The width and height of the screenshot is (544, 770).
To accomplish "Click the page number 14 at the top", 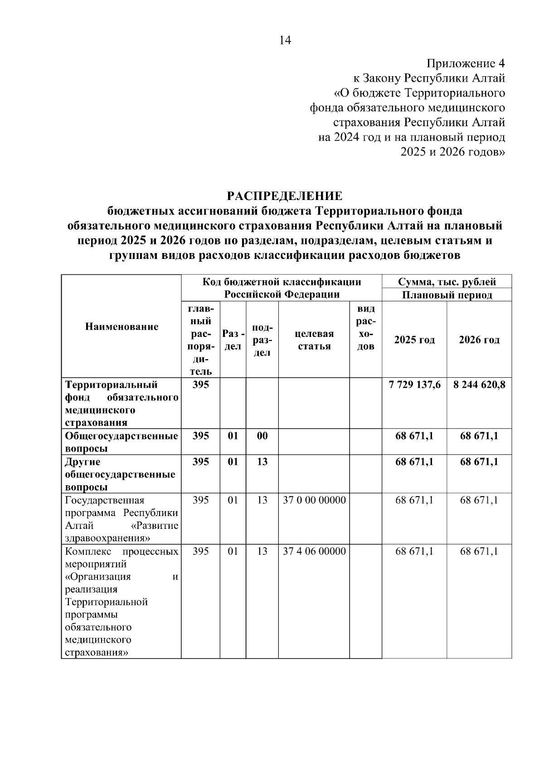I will click(285, 40).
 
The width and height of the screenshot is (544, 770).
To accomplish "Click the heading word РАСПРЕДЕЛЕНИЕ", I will click(285, 196).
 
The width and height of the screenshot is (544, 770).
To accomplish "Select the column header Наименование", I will click(121, 327).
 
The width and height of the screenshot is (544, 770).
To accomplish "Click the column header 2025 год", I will click(414, 340).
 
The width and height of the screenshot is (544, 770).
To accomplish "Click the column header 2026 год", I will click(479, 340).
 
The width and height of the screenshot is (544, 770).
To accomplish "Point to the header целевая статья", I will click(314, 340).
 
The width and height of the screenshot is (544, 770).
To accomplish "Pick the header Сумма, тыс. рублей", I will click(447, 282).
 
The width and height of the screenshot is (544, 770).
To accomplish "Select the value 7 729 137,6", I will click(414, 385).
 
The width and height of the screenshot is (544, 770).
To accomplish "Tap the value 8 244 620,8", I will click(479, 385).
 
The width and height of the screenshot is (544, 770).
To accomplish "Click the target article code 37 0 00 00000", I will click(314, 500).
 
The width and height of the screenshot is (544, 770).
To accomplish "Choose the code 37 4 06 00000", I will click(314, 551).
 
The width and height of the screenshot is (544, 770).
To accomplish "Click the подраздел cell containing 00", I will click(262, 436).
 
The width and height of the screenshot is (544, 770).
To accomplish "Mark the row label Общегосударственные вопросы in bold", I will click(121, 442).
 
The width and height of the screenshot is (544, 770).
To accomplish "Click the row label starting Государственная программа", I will click(121, 519).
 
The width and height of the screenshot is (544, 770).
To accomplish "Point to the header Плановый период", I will click(447, 295).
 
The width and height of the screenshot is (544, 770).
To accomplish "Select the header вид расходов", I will click(366, 327).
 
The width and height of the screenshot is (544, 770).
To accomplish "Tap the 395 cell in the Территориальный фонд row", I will click(200, 385).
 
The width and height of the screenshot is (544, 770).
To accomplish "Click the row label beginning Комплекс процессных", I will click(121, 602).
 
